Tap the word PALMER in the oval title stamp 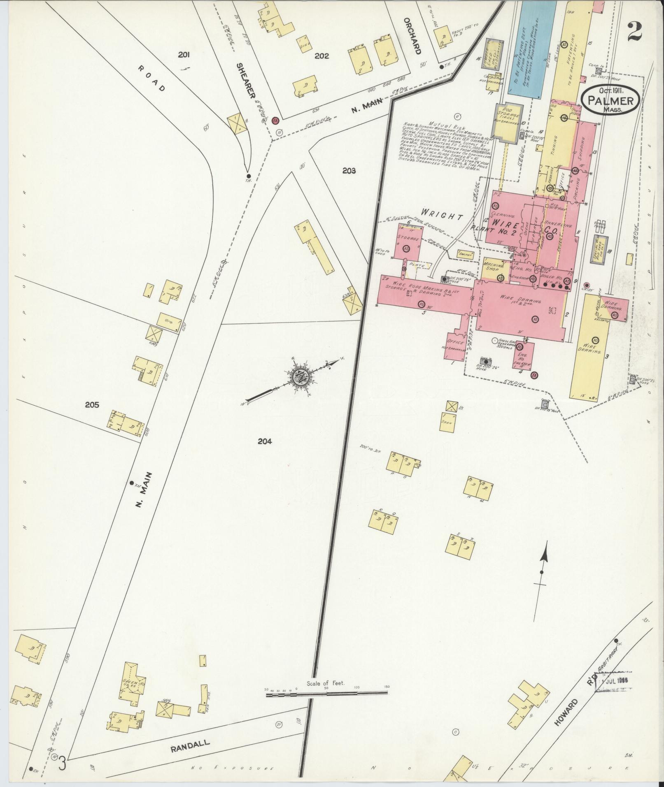coord(610,100)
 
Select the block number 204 coord(265,441)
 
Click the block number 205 coord(92,405)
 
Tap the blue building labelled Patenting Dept coord(527,49)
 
